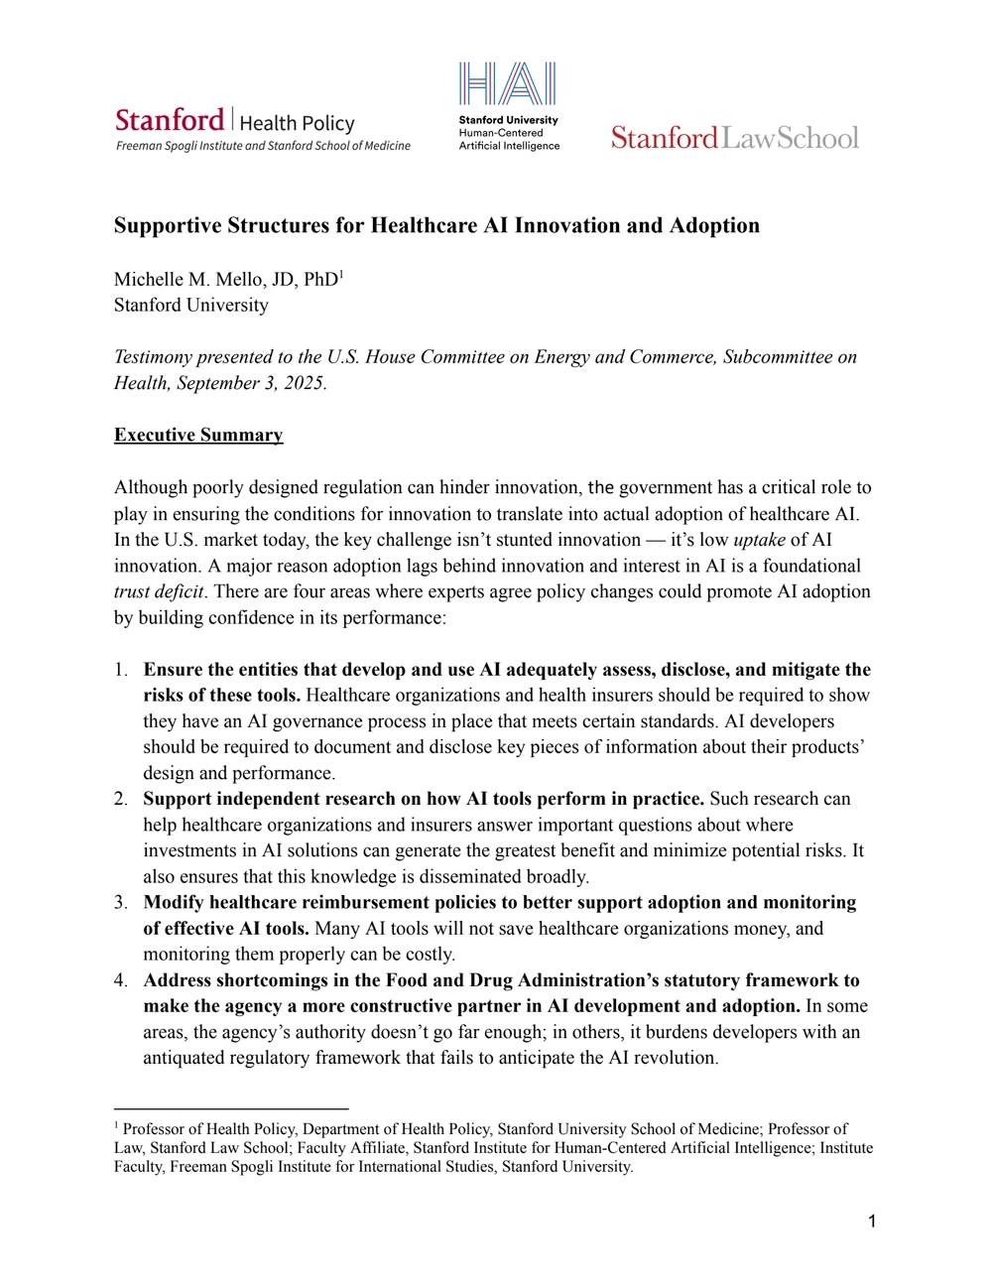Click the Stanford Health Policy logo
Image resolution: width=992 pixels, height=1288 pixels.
262,129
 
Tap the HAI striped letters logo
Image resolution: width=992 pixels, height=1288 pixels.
507,84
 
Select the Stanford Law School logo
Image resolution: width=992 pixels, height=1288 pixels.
734,138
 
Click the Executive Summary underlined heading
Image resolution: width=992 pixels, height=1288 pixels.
198,435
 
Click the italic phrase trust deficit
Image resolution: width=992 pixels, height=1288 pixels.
159,591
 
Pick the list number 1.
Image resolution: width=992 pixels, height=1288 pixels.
120,670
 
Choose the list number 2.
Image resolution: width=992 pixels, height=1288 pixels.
120,799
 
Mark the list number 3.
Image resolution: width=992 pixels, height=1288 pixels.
120,902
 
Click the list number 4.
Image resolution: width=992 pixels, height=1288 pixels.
120,980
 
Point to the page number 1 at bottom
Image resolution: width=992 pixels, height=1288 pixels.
872,1222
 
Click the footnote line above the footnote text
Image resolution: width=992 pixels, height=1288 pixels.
231,1108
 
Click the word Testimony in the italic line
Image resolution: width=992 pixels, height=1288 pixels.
152,357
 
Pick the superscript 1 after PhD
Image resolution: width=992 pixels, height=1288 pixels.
341,273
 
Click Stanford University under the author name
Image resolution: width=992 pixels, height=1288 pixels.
190,306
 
